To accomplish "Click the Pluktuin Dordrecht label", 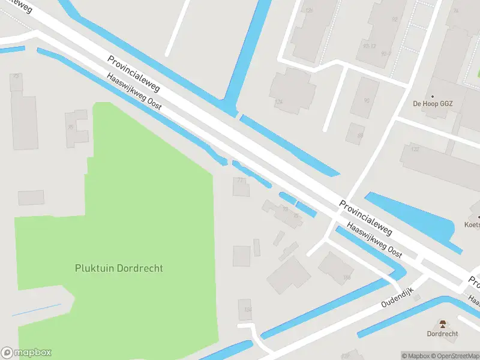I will (119, 268).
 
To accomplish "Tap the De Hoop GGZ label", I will (433, 104).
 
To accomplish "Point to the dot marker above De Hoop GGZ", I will (433, 96).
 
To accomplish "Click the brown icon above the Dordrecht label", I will (443, 325).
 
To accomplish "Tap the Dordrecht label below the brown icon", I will (443, 334).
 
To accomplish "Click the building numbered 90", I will (366, 100).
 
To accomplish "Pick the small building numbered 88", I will (360, 136).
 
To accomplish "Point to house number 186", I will (346, 277).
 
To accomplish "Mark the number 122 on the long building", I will (415, 149).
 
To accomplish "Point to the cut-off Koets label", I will (472, 225).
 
